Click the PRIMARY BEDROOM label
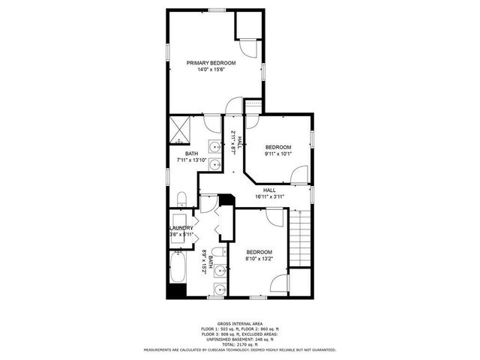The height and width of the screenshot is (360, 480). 211,63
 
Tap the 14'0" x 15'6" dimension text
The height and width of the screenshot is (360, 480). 211,70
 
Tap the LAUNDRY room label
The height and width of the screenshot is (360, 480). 182,228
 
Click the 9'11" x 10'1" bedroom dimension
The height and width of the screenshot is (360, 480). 277,154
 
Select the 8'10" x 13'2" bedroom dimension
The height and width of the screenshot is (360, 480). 259,259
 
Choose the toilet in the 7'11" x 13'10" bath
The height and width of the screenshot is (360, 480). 181,198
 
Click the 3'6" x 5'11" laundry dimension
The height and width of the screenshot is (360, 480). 182,235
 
